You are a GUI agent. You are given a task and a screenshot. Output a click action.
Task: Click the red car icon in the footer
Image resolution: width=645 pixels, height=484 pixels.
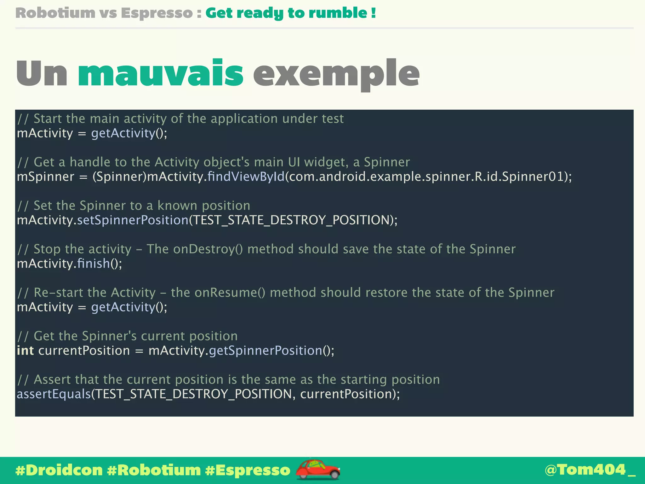(317, 469)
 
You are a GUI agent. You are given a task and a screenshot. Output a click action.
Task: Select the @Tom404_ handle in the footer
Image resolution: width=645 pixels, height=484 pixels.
(590, 470)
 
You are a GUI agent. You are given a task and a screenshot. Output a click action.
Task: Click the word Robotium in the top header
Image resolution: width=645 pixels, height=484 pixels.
(55, 13)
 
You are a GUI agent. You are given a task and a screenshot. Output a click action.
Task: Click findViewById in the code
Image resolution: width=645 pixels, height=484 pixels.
(246, 176)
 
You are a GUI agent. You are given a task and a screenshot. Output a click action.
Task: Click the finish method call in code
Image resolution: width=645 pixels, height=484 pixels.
(94, 263)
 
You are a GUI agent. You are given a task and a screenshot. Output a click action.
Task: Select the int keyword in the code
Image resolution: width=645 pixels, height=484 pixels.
(25, 350)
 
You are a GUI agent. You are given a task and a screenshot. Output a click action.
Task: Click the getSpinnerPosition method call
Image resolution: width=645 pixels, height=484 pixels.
(265, 350)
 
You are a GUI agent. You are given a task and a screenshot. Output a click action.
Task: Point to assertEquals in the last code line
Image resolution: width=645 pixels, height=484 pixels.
(54, 394)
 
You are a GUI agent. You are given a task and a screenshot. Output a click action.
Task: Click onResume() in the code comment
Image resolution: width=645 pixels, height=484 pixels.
(230, 292)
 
